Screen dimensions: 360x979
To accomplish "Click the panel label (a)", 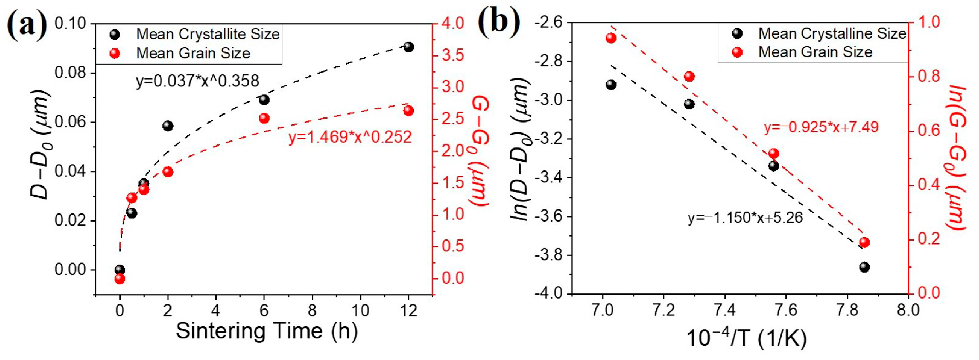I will [27, 24].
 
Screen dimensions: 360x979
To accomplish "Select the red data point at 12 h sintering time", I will [409, 111].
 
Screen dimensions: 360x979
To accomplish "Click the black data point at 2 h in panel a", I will [168, 126].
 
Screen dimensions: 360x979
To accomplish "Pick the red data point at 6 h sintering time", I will [264, 118].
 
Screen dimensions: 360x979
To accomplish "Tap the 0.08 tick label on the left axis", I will [71, 73].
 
